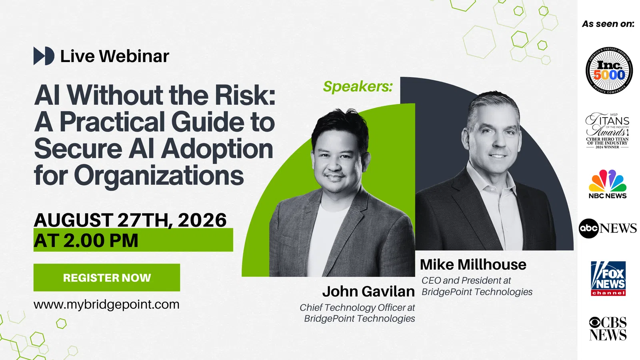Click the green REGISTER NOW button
106,278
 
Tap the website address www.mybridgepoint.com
106,304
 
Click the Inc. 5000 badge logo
609,70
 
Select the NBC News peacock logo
608,184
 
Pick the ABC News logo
608,228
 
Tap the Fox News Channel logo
608,278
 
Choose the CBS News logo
608,328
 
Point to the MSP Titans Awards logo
608,130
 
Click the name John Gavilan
368,292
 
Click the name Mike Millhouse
473,264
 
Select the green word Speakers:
358,86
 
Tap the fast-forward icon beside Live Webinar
44,56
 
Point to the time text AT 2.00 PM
86,240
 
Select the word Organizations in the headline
159,176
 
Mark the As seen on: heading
608,24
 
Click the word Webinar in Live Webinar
134,56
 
